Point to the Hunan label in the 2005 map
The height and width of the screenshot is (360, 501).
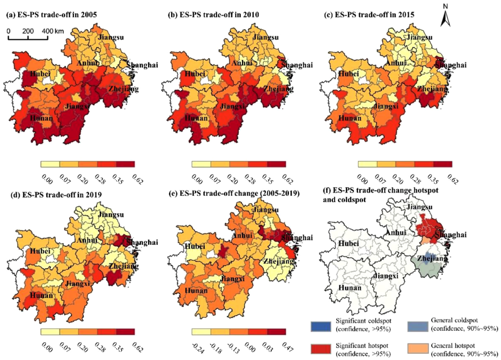point(41,118)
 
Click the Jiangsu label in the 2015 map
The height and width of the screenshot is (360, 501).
point(419,37)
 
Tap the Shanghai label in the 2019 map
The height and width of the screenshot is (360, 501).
point(141,242)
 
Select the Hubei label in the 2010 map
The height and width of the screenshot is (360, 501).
point(193,74)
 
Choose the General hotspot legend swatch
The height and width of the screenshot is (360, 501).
point(417,348)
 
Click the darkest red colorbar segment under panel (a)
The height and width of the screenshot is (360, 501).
point(125,164)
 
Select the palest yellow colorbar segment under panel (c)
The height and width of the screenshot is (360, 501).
point(367,164)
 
